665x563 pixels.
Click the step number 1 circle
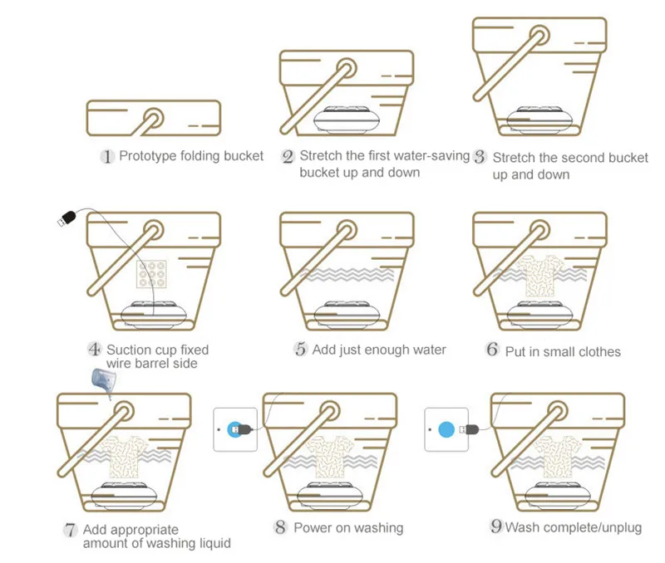coord(106,156)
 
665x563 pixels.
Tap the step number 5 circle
coord(300,349)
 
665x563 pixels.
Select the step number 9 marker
coord(496,526)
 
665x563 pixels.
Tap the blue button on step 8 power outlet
coord(234,429)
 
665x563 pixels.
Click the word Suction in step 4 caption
coord(129,350)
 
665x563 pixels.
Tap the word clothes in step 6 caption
coord(595,351)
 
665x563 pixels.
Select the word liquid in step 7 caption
coord(211,543)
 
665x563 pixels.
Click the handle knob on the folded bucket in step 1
coord(153,118)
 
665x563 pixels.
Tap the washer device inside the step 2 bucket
coord(345,120)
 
